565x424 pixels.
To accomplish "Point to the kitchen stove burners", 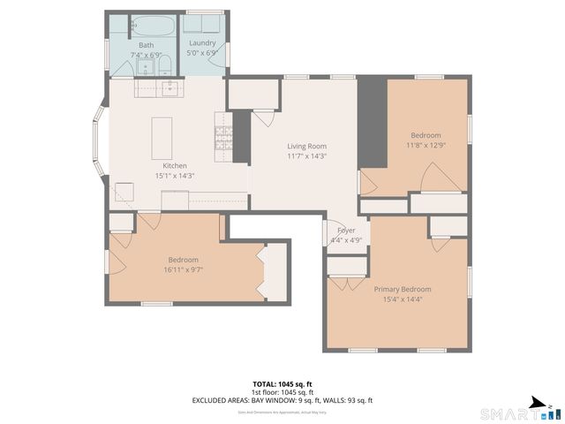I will pos(222,137).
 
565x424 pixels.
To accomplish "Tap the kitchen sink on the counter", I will pos(170,87).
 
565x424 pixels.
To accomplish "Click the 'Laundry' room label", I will pos(203,43).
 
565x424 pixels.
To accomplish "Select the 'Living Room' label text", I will pos(306,147).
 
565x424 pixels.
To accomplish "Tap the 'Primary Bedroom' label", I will pos(402,290).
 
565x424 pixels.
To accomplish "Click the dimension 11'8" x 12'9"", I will pos(423,145).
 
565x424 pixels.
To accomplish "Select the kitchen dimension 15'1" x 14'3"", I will pos(174,176).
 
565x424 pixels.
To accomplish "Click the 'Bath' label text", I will pos(146,45).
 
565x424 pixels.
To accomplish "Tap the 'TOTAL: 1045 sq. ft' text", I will pos(282,384).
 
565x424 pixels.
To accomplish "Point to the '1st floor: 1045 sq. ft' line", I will pos(282,392).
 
